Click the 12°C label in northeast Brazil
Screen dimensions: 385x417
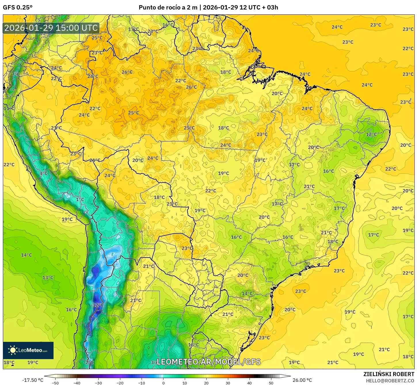pyautogui.click(x=371, y=134)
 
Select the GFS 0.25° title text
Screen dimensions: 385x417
pyautogui.click(x=18, y=7)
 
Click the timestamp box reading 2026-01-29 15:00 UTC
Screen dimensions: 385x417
pyautogui.click(x=51, y=28)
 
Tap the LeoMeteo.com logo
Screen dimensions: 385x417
pyautogui.click(x=28, y=350)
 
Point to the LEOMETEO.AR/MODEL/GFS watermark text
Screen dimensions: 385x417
pyautogui.click(x=208, y=362)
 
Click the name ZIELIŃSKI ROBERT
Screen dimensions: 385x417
pyautogui.click(x=389, y=374)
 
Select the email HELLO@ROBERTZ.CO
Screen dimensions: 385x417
pyautogui.click(x=390, y=381)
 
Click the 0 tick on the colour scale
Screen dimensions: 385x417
pyautogui.click(x=163, y=383)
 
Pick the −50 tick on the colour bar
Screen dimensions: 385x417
pyautogui.click(x=55, y=383)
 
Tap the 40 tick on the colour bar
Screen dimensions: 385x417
pyautogui.click(x=250, y=383)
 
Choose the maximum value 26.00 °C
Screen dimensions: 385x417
pyautogui.click(x=302, y=380)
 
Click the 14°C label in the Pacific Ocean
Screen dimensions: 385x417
pyautogui.click(x=26, y=255)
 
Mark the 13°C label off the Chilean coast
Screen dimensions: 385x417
pyautogui.click(x=48, y=278)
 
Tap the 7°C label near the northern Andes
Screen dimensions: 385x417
pyautogui.click(x=16, y=74)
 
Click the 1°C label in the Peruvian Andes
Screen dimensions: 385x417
pyautogui.click(x=80, y=199)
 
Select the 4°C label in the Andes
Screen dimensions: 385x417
pyautogui.click(x=43, y=173)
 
